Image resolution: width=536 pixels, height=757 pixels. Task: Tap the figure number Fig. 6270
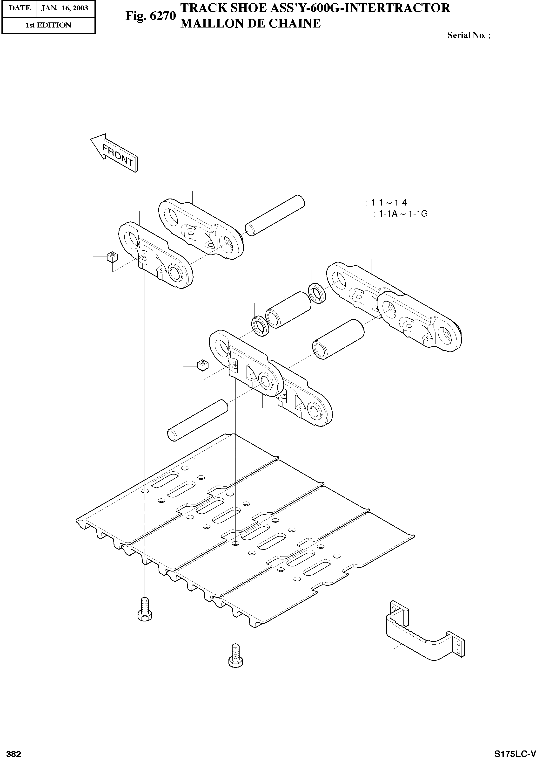150,16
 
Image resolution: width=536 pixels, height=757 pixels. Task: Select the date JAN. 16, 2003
65,8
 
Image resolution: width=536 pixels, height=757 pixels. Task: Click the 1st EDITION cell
48,25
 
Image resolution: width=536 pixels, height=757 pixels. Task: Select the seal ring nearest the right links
317,292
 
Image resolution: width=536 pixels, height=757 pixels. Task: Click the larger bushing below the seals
338,339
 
